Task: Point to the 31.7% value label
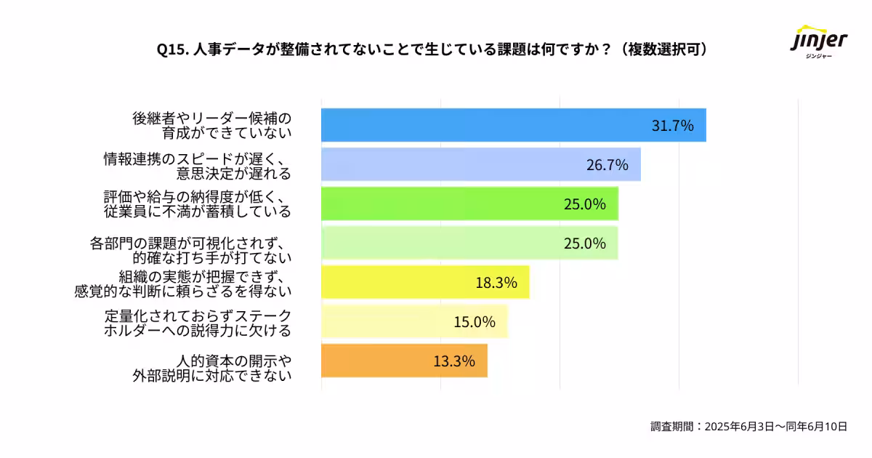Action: click(x=672, y=125)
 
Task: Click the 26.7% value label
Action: click(x=607, y=165)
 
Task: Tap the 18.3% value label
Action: click(x=496, y=283)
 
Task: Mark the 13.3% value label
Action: click(x=454, y=361)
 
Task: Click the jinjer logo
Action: click(x=819, y=44)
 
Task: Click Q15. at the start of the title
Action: click(x=173, y=49)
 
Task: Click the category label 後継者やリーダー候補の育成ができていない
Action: click(x=211, y=125)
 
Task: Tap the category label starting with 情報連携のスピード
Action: click(x=197, y=165)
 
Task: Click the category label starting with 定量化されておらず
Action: click(x=197, y=322)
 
